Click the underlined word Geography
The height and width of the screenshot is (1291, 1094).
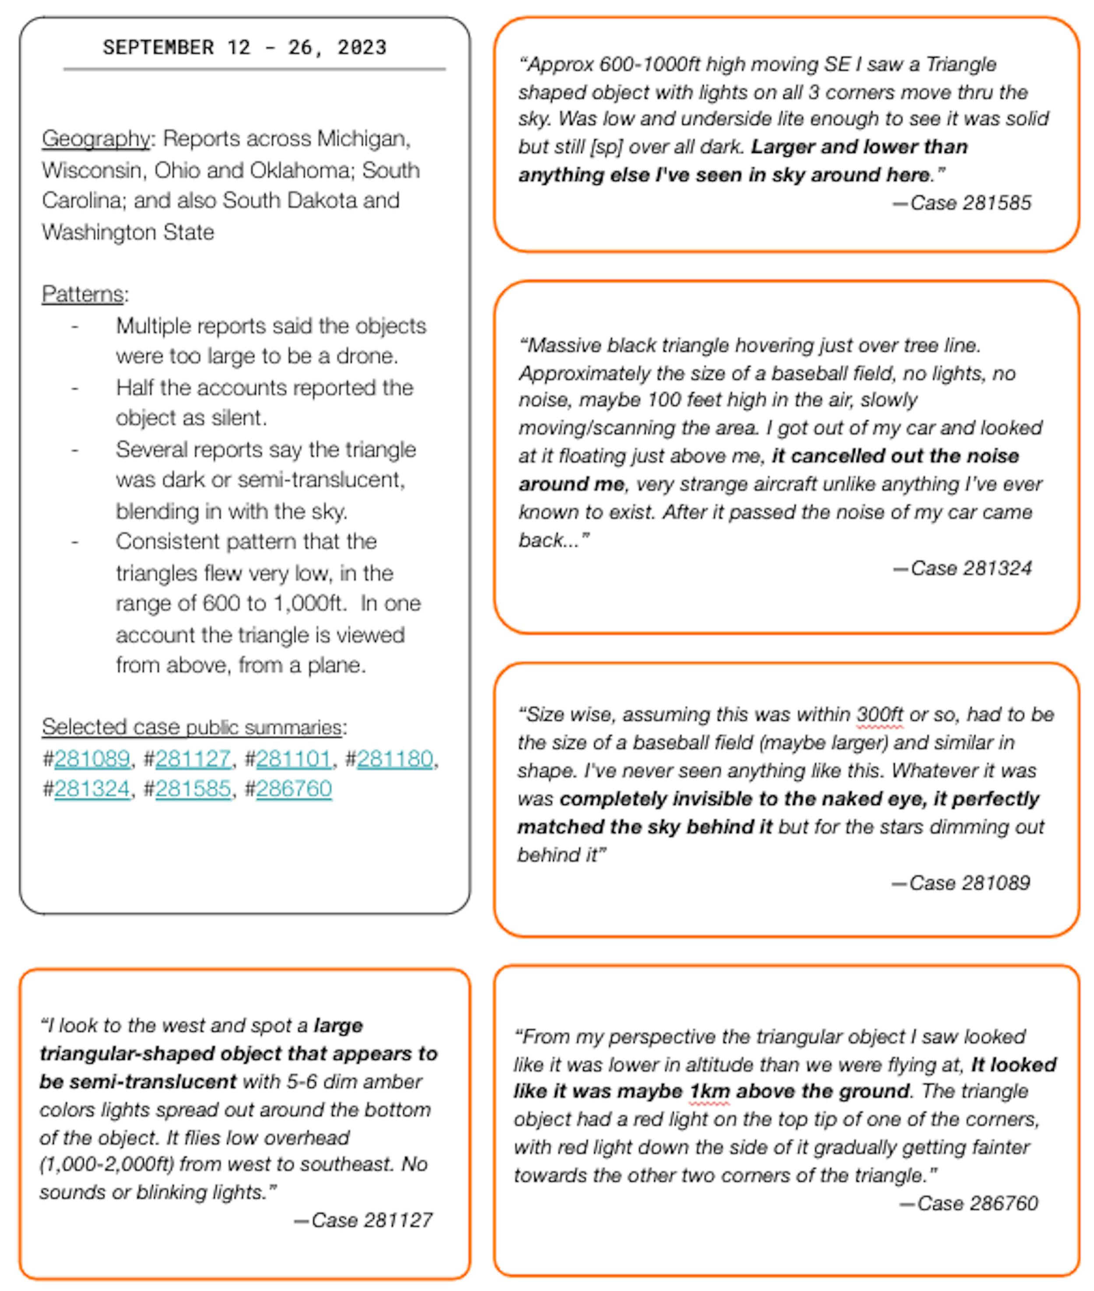(95, 138)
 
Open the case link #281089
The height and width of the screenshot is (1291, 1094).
(92, 758)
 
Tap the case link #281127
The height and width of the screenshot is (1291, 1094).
(193, 758)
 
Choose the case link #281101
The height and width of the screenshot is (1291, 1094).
(294, 758)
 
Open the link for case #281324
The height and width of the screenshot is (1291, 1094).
(92, 788)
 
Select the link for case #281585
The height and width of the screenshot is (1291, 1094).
(193, 788)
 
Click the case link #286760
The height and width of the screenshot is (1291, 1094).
(294, 788)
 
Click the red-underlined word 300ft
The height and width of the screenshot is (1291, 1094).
(880, 715)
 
